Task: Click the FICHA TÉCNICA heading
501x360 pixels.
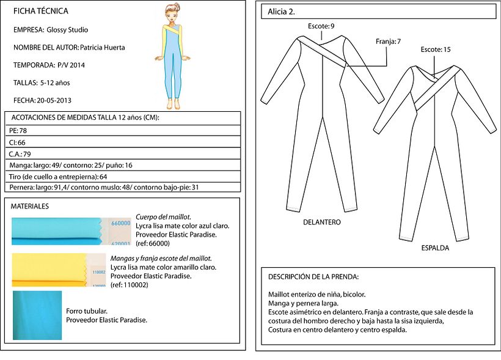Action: pyautogui.click(x=40, y=11)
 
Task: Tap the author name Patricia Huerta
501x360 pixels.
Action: pyautogui.click(x=103, y=47)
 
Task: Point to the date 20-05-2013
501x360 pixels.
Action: pyautogui.click(x=58, y=100)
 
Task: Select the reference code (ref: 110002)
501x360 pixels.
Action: pyautogui.click(x=130, y=285)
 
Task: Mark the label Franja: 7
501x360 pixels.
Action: pyautogui.click(x=389, y=42)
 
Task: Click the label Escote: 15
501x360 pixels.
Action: pyautogui.click(x=436, y=49)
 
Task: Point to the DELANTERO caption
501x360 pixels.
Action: pyautogui.click(x=321, y=222)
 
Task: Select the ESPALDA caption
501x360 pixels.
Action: pyautogui.click(x=435, y=248)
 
